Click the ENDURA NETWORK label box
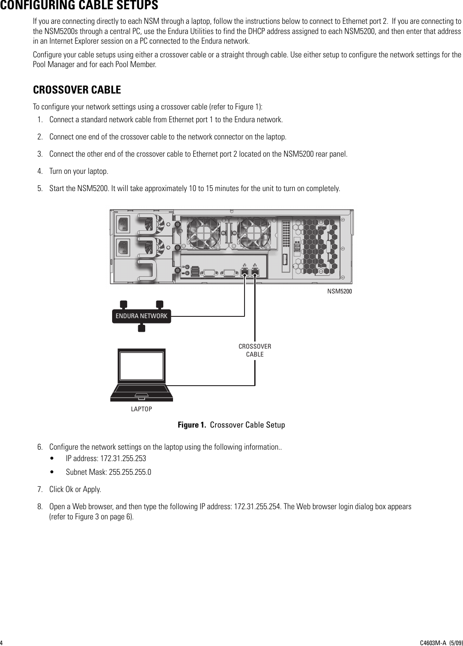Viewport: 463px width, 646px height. pyautogui.click(x=141, y=316)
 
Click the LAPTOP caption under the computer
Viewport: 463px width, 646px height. pyautogui.click(x=141, y=409)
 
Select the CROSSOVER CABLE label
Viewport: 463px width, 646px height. pyautogui.click(x=255, y=350)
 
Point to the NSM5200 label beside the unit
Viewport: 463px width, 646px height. pyautogui.click(x=339, y=292)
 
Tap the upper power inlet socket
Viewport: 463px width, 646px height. pyautogui.click(x=123, y=223)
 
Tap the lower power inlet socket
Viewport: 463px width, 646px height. pyautogui.click(x=123, y=248)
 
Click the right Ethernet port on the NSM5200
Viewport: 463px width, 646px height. pyautogui.click(x=254, y=272)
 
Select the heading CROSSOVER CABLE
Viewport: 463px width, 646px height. pyautogui.click(x=77, y=90)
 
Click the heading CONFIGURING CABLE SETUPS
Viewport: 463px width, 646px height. pyautogui.click(x=79, y=6)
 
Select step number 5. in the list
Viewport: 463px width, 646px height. pyautogui.click(x=40, y=189)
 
